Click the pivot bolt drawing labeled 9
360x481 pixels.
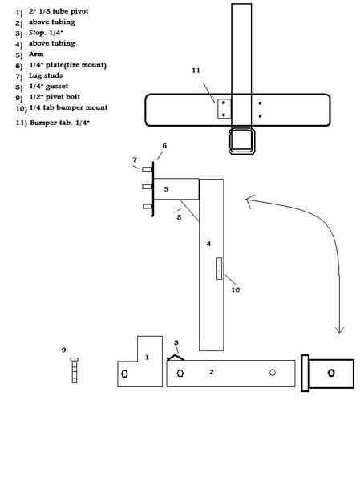75,370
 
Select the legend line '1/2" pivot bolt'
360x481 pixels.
55,97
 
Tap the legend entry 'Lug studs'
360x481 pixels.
46,75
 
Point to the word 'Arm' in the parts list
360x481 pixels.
36,55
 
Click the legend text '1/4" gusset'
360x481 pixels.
48,87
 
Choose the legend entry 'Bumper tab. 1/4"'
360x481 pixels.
59,123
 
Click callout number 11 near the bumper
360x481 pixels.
196,71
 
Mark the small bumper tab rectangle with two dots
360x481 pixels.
224,109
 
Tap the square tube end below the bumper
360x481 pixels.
242,141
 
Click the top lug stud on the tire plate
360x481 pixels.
147,169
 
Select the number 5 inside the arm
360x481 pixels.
166,189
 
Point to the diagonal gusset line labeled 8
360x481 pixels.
190,210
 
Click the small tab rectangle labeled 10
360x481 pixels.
219,269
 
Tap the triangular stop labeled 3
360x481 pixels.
176,358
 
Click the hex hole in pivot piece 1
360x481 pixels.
124,374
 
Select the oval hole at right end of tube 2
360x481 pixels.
273,373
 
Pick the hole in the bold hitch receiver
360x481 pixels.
331,373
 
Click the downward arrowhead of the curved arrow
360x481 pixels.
339,330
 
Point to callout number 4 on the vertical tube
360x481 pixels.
208,244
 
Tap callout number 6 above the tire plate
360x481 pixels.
164,146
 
